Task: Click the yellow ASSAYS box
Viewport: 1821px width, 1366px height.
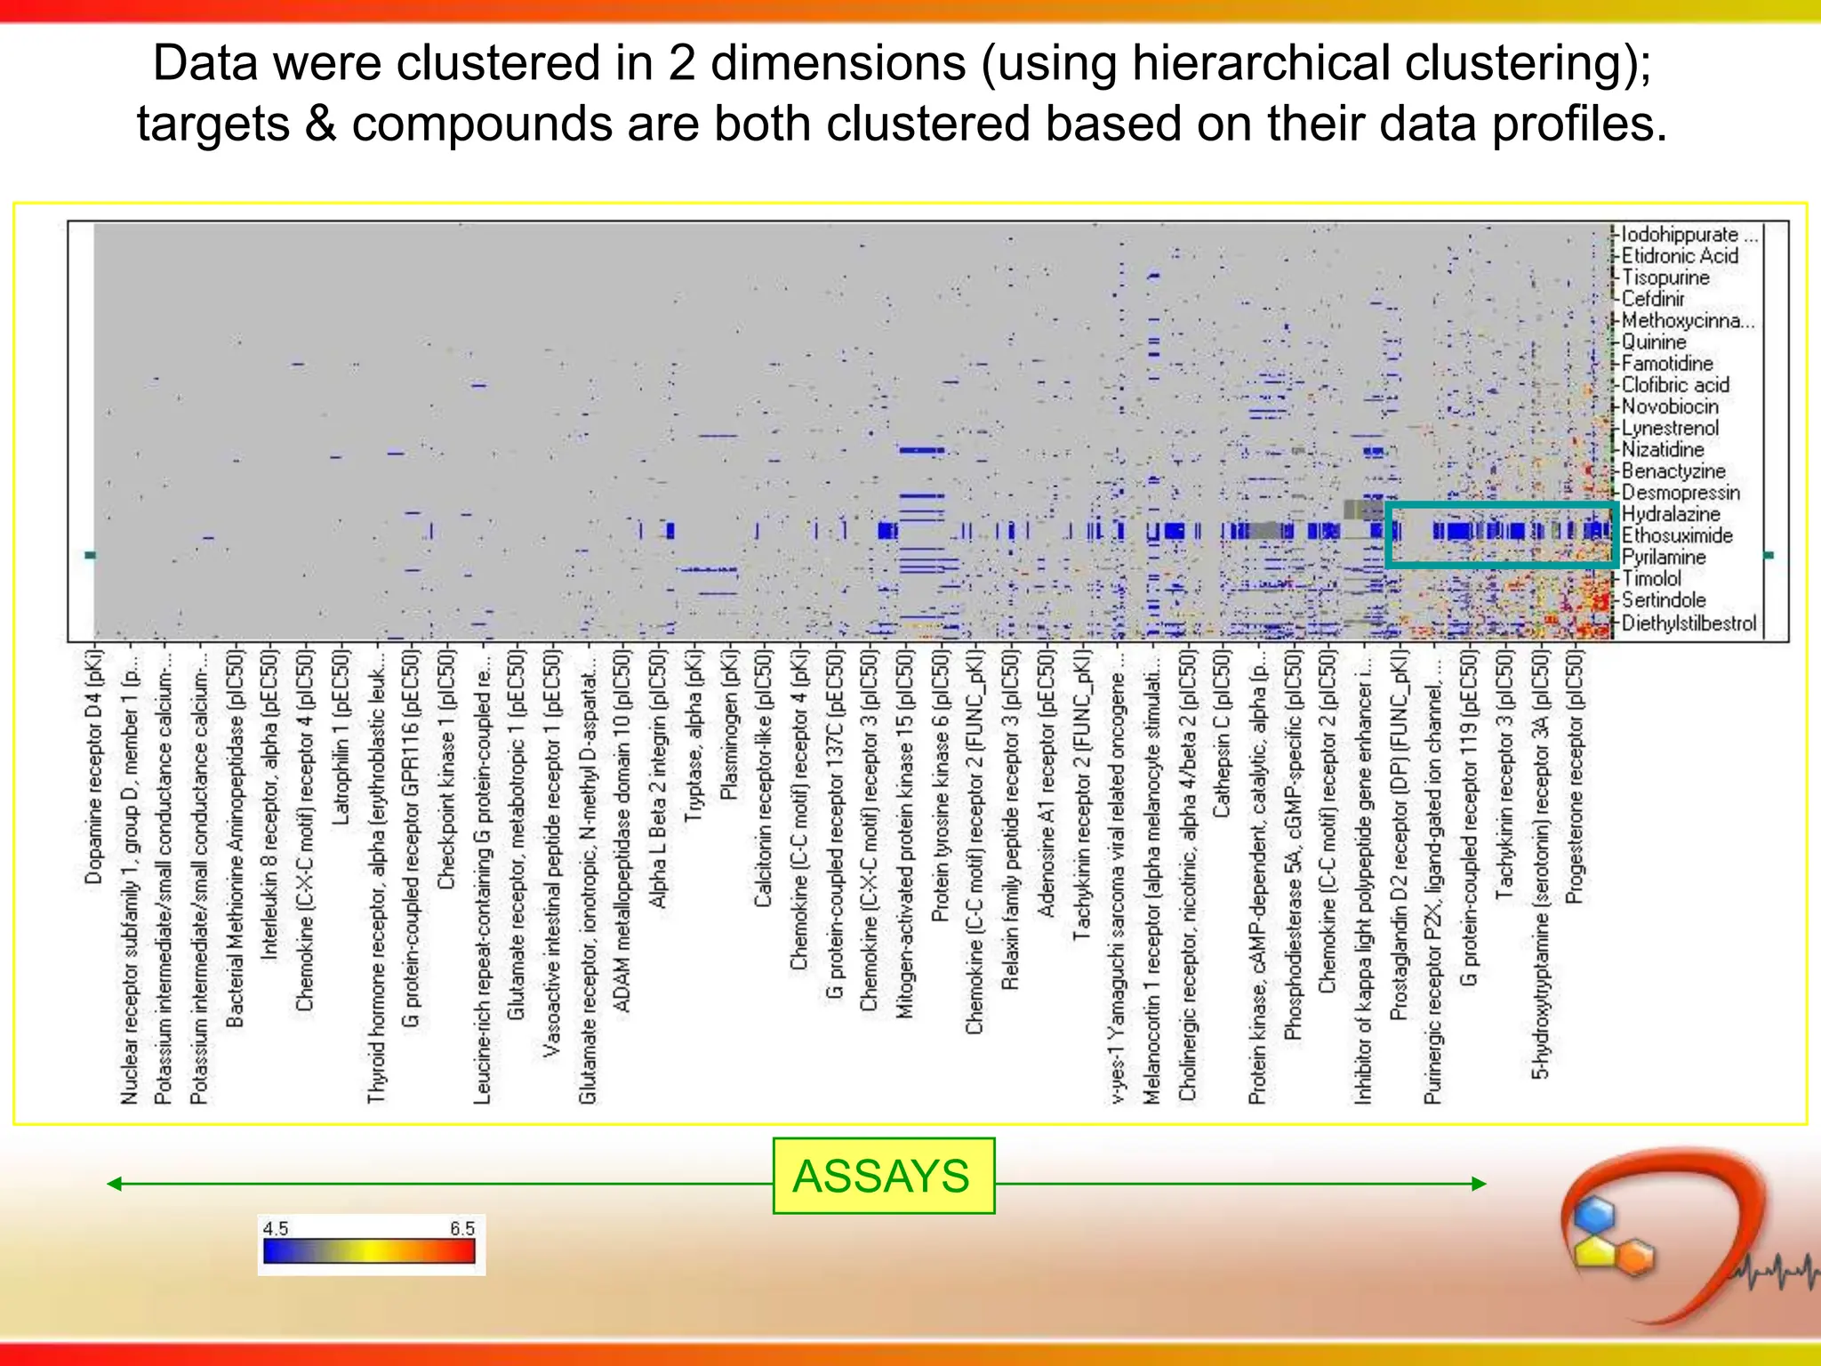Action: (883, 1176)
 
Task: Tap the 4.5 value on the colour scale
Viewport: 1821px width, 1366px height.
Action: (276, 1228)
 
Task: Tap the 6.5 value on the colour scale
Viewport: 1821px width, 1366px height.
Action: (461, 1228)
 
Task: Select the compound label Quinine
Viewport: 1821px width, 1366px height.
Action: (1653, 342)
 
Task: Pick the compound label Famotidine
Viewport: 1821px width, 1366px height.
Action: (1666, 364)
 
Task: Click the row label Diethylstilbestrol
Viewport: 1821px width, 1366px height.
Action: (1689, 623)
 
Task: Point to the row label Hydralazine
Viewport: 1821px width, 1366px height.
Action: (1670, 514)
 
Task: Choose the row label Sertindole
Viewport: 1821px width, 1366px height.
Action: (1663, 600)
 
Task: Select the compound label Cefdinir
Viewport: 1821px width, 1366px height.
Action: (1652, 299)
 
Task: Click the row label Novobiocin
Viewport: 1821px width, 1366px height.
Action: (1669, 407)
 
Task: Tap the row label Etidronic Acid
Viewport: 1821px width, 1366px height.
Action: (1679, 256)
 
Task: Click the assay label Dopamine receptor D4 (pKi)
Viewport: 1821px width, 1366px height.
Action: (94, 767)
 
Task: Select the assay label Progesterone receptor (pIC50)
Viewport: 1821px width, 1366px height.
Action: (1575, 775)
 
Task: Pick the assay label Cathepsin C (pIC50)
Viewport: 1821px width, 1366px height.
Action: (1222, 735)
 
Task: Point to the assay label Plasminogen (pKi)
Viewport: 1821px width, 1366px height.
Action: (728, 725)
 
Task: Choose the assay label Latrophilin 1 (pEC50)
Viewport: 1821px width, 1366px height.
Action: (341, 736)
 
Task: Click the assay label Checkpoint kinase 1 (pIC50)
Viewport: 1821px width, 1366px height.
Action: (446, 769)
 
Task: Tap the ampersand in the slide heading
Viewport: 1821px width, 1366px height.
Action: (320, 124)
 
